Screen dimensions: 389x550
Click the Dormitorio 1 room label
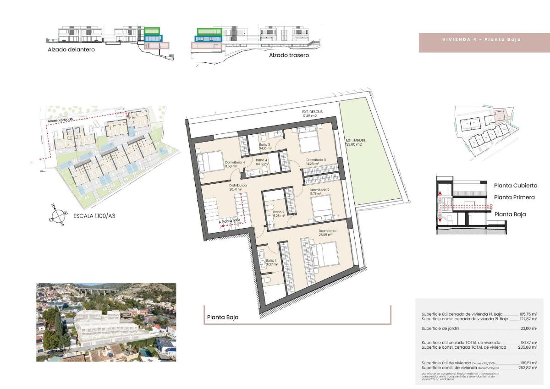click(x=328, y=230)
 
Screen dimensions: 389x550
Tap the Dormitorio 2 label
click(x=319, y=190)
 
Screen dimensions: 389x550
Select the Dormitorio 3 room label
click(x=316, y=160)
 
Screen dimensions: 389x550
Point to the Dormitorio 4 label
click(x=235, y=162)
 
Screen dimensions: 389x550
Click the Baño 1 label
click(x=272, y=260)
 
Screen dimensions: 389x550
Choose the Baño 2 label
click(x=279, y=212)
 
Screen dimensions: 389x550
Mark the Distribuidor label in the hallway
click(x=238, y=186)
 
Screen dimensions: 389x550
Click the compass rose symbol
click(x=58, y=214)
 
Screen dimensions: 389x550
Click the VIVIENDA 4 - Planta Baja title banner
click(x=481, y=39)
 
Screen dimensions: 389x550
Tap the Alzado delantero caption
click(x=71, y=49)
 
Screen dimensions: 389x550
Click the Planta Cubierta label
click(x=516, y=186)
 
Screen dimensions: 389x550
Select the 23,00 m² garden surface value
click(x=528, y=329)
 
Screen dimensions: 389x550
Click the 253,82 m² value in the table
click(x=528, y=368)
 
